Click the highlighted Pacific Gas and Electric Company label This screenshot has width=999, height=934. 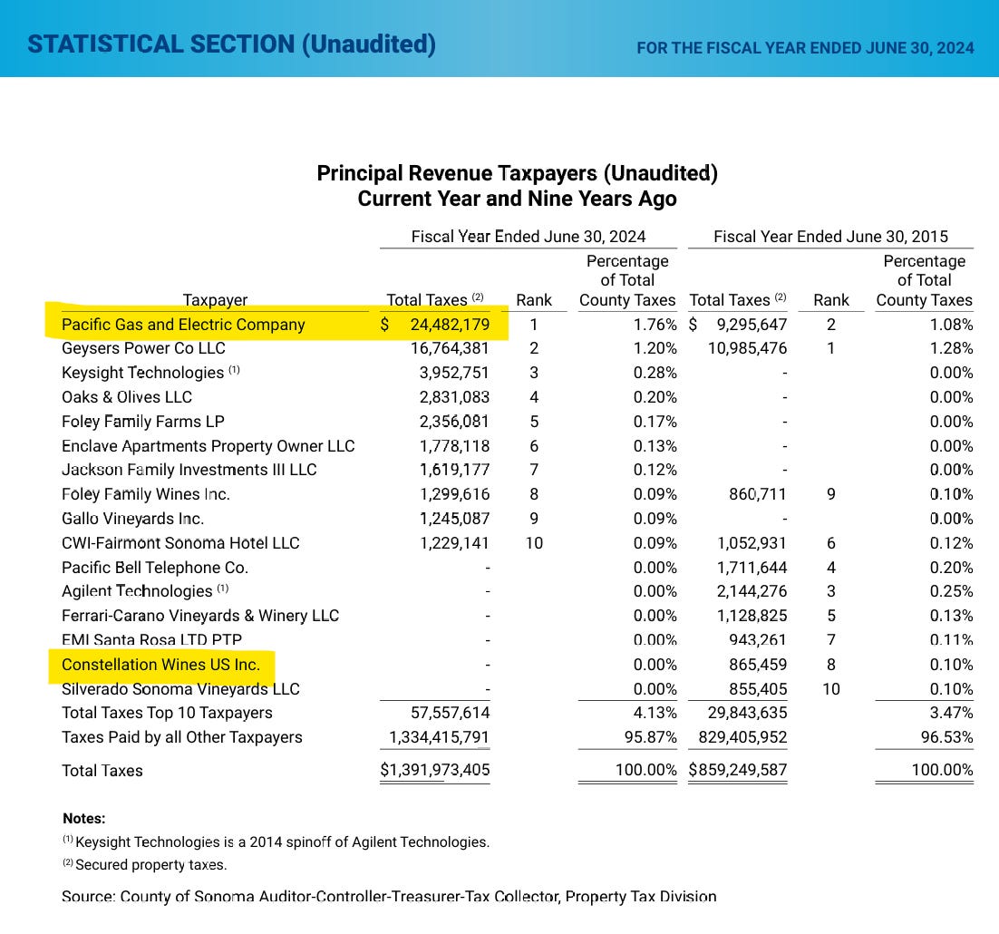point(183,325)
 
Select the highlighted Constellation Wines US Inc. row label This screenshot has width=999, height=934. point(160,665)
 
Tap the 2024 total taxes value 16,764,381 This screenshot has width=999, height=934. point(450,348)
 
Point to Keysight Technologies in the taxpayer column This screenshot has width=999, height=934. point(142,373)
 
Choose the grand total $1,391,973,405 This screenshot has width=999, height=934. point(435,771)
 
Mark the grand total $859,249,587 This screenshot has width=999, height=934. point(738,771)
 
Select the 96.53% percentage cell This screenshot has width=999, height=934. point(947,737)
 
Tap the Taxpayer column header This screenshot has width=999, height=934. point(215,300)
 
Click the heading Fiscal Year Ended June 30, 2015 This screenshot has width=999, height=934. point(830,237)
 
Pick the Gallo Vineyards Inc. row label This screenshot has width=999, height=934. point(132,519)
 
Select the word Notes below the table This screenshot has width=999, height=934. point(83,818)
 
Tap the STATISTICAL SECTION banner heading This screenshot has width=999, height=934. point(231,44)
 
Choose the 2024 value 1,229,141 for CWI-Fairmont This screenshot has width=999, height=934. point(454,543)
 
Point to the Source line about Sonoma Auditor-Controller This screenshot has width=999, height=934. point(389,897)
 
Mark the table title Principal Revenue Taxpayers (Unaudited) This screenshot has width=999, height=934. point(517,173)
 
